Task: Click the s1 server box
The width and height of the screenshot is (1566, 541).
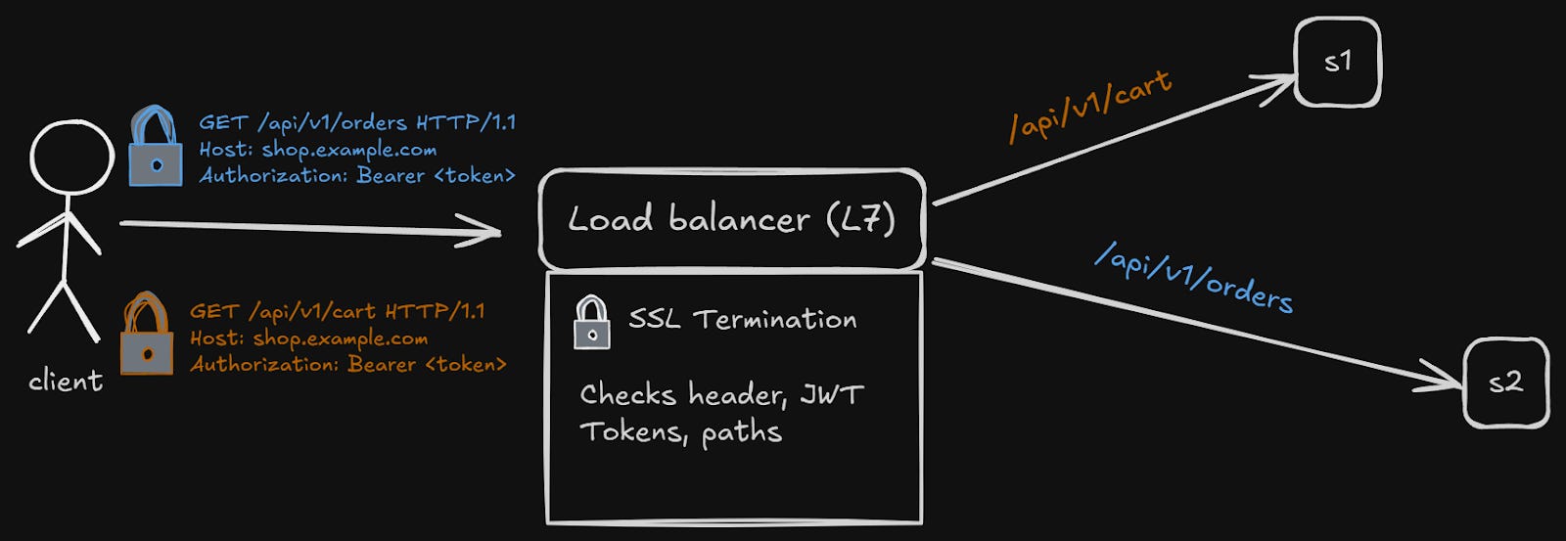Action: tap(1337, 62)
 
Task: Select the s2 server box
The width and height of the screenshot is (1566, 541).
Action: tap(1505, 383)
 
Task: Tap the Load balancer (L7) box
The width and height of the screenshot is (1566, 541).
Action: tap(732, 220)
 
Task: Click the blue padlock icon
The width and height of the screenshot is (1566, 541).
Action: tap(156, 149)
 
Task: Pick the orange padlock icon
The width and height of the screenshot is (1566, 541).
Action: tap(147, 336)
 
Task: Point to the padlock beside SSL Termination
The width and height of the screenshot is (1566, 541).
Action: tap(591, 323)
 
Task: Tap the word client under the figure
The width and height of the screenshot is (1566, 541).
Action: tap(66, 381)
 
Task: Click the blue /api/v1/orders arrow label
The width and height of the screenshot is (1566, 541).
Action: tap(1194, 277)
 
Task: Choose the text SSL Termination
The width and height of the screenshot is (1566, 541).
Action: tap(742, 320)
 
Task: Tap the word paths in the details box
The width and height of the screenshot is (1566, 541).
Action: tap(741, 432)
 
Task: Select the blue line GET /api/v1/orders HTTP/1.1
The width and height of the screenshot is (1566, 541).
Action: tap(357, 123)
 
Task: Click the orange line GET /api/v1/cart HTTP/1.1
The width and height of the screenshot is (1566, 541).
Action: tap(338, 312)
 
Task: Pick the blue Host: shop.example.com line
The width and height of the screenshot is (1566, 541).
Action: tap(318, 150)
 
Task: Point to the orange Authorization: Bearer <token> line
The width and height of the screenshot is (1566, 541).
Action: tap(348, 365)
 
